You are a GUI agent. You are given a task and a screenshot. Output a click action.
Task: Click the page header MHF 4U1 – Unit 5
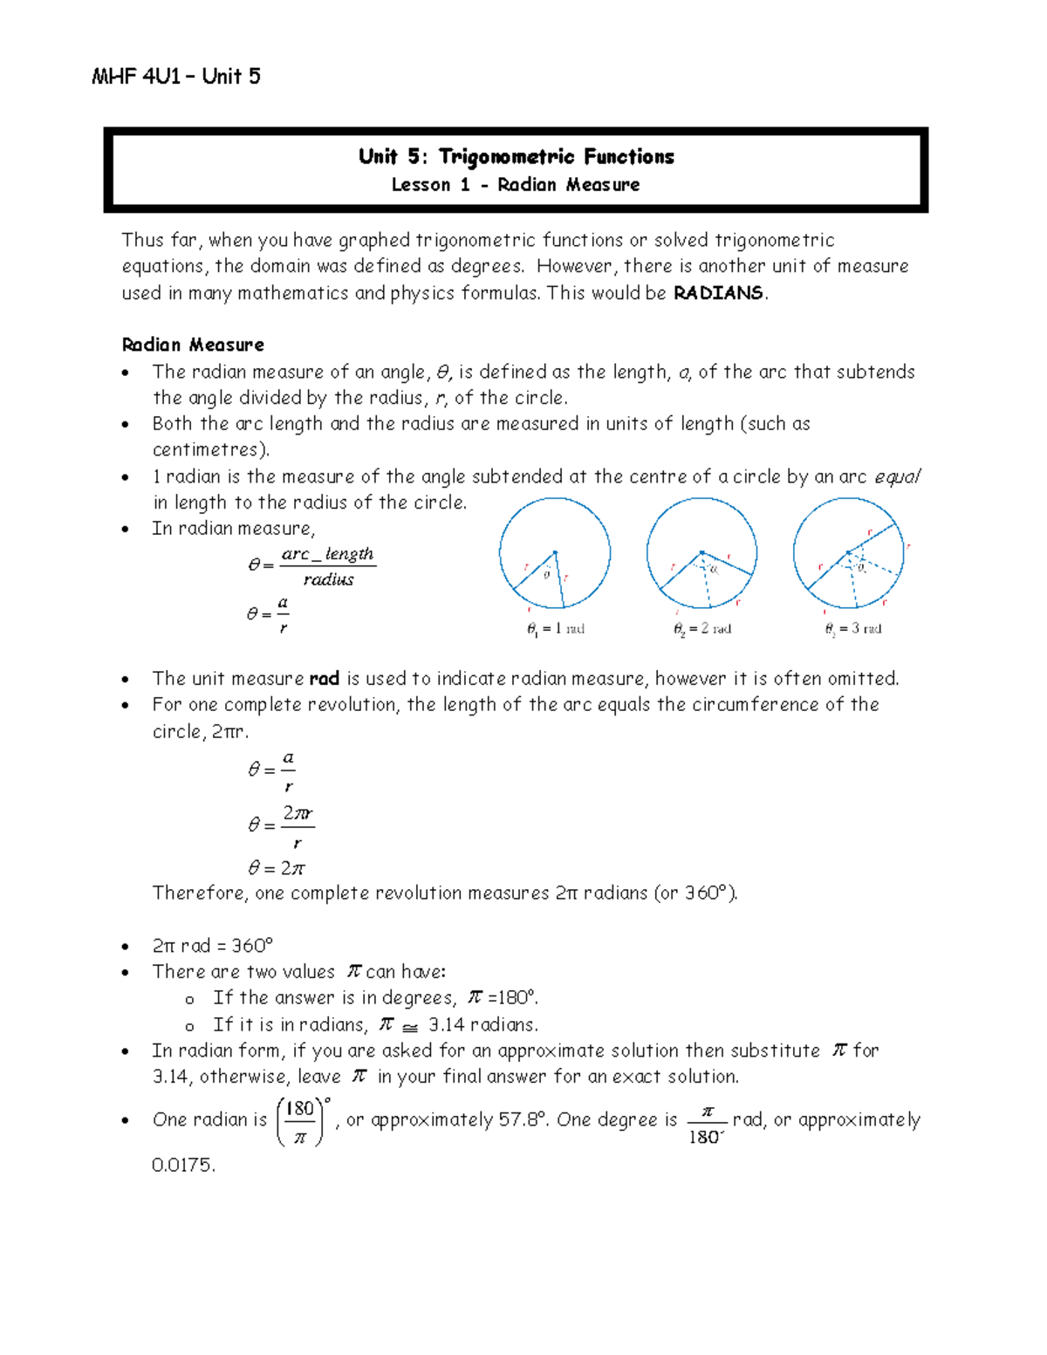(175, 77)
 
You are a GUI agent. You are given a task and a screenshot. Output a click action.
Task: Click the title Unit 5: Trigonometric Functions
(516, 157)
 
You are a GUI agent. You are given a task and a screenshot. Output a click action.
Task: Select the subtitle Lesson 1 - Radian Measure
(515, 185)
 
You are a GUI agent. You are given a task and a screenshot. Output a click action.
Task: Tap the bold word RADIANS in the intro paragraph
(719, 293)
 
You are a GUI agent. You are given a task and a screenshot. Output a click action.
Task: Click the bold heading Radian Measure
(193, 345)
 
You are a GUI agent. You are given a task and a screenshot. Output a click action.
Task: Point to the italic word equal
(896, 477)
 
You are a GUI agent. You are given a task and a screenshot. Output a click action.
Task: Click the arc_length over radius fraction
(327, 566)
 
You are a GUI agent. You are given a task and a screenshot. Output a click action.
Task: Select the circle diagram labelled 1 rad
(555, 553)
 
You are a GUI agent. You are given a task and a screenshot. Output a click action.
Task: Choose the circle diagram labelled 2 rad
(701, 553)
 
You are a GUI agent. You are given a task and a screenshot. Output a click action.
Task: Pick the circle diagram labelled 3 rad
(848, 553)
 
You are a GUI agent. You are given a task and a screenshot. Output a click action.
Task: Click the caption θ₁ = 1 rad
(556, 629)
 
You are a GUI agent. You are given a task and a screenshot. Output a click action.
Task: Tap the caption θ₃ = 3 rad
(852, 629)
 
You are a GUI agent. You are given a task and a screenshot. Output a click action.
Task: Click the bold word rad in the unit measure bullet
(324, 679)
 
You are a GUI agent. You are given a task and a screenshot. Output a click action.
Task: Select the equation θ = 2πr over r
(281, 825)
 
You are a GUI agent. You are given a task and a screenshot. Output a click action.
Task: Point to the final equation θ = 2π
(277, 868)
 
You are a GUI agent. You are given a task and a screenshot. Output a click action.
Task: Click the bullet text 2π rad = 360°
(212, 946)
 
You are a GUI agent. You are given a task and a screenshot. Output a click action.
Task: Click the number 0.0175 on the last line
(183, 1165)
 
